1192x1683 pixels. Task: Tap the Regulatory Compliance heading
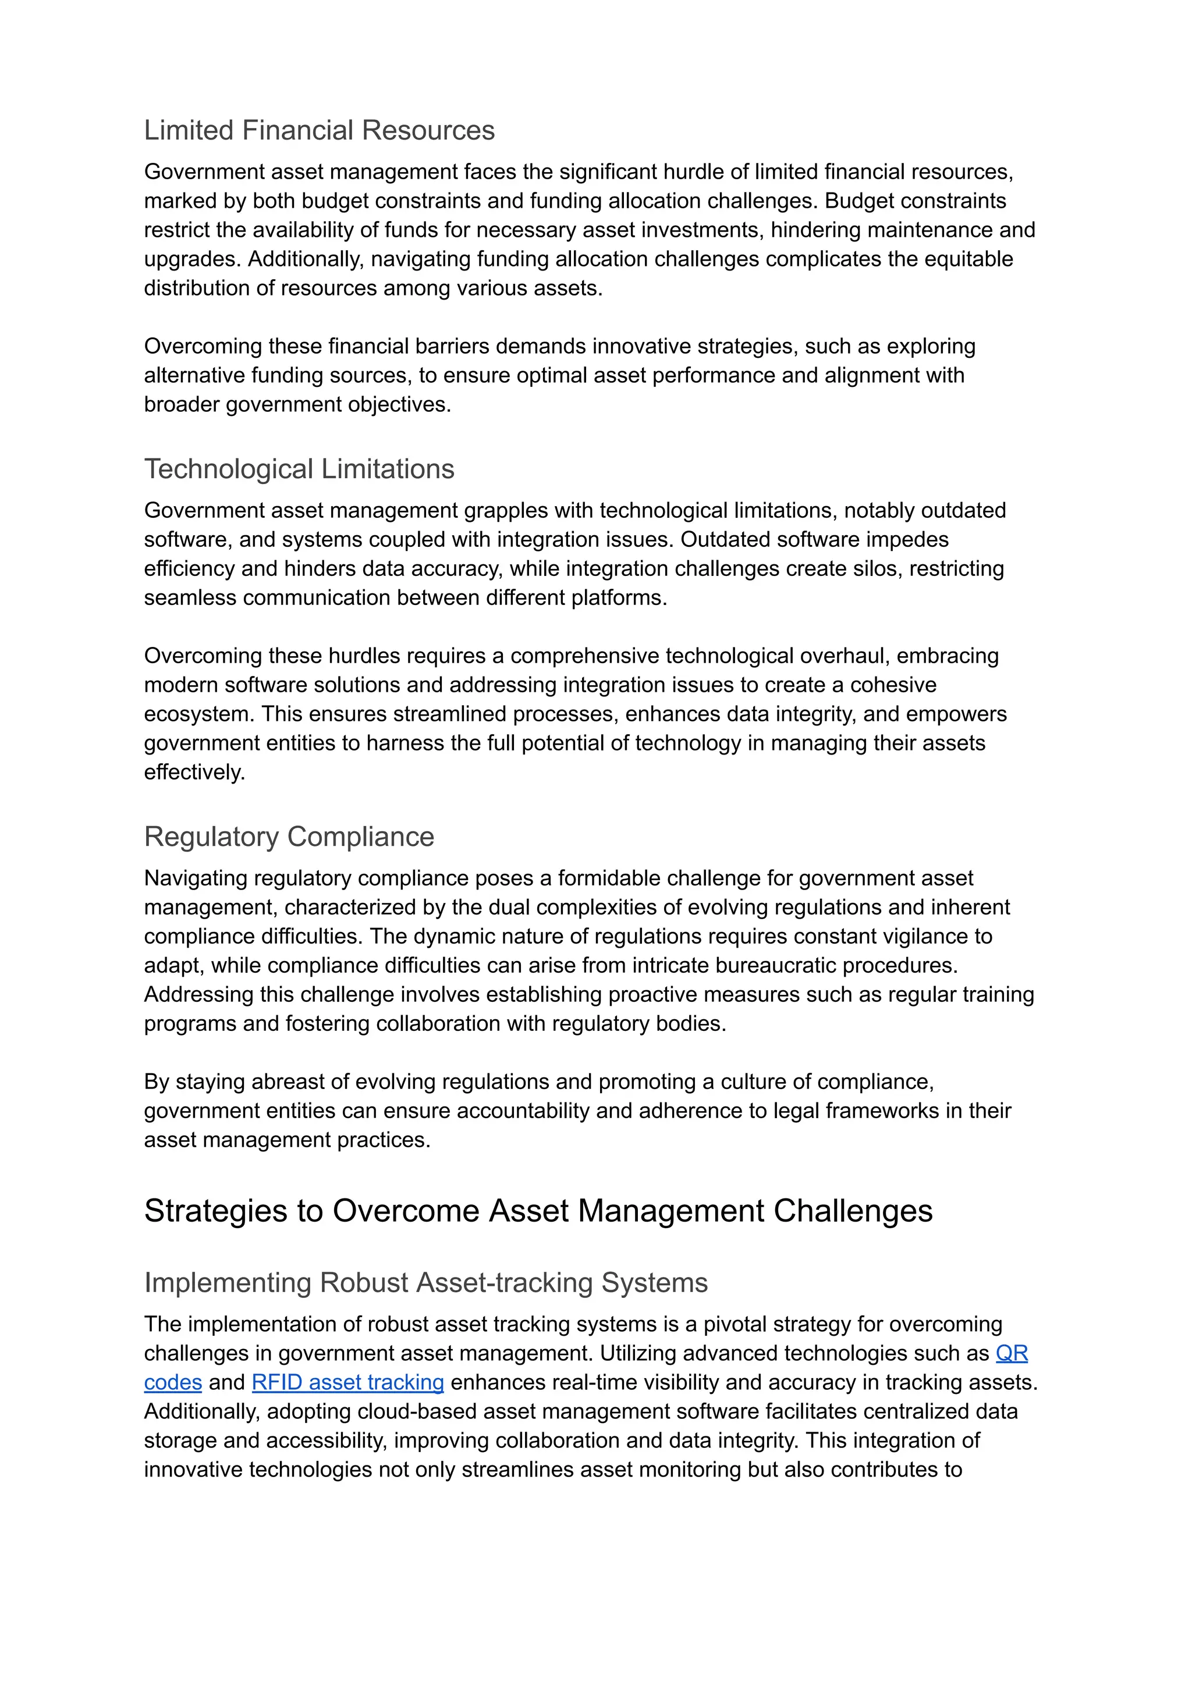(x=289, y=837)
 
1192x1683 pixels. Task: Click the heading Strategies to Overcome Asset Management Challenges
(x=538, y=1211)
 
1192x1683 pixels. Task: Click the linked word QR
(x=1011, y=1354)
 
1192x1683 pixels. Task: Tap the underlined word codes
(x=172, y=1383)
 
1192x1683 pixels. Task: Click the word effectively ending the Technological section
(x=193, y=773)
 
